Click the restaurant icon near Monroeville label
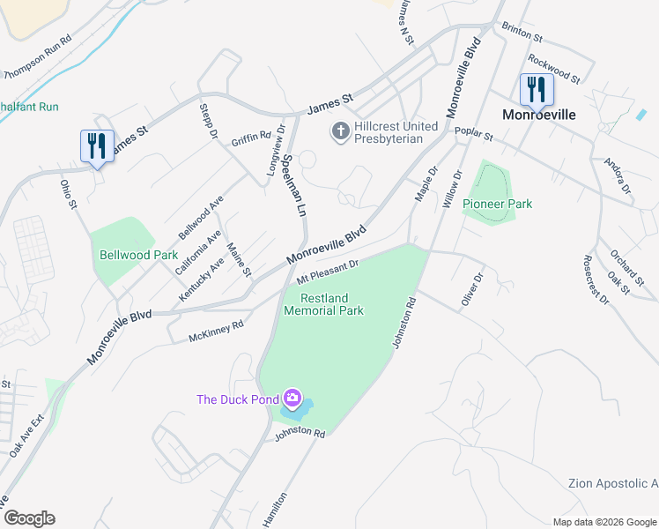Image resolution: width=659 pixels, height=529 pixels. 536,90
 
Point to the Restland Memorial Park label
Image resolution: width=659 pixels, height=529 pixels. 323,304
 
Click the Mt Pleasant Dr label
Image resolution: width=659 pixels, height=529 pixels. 327,270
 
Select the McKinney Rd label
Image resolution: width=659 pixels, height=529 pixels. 216,332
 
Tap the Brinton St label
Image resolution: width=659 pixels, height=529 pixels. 522,33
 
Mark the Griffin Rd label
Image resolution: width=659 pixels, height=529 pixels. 250,138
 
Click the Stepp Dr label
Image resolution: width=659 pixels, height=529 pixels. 208,121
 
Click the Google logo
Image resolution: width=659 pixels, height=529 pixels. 28,518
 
